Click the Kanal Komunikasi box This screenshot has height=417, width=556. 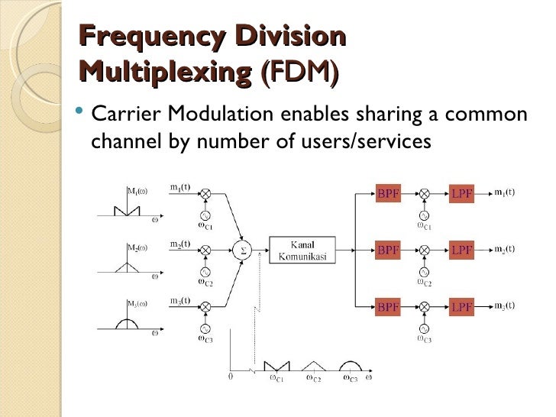[x=302, y=250]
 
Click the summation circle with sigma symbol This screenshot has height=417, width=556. [x=244, y=249]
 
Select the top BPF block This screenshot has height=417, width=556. [x=388, y=194]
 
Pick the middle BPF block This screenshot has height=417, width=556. [x=388, y=250]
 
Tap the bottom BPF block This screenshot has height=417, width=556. [x=388, y=306]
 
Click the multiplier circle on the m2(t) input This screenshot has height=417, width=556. [x=205, y=250]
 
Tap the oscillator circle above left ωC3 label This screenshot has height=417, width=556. [x=205, y=327]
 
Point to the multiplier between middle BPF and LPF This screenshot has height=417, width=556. [x=425, y=250]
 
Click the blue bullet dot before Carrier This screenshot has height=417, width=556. [x=81, y=115]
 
